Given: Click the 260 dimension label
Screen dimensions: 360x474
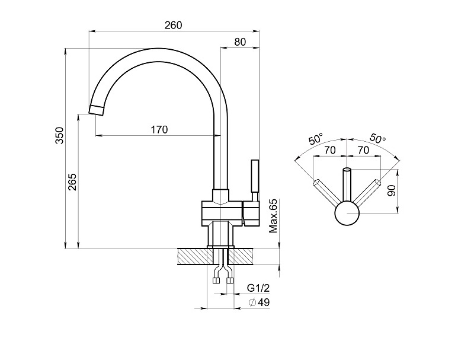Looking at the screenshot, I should pos(173,25).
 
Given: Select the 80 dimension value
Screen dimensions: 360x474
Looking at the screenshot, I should pos(240,42).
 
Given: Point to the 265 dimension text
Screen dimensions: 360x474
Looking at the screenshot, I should pos(72,181).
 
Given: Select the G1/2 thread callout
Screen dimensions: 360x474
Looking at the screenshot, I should pos(258,288).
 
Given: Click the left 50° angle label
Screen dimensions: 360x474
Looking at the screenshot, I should pos(316,141).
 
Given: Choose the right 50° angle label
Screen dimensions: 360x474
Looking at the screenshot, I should pos(377,138).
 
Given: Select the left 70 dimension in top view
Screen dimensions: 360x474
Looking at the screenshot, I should pos(330,151).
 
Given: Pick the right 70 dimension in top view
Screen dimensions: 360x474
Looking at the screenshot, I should pos(363,151).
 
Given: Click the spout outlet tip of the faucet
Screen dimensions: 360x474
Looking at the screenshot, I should pos(97,109).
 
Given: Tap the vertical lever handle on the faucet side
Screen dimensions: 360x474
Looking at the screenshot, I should pos(255,176).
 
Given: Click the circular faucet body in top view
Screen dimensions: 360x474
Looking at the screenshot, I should pos(347,214).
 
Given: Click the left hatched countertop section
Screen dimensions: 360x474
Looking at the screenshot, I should pos(195,256).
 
